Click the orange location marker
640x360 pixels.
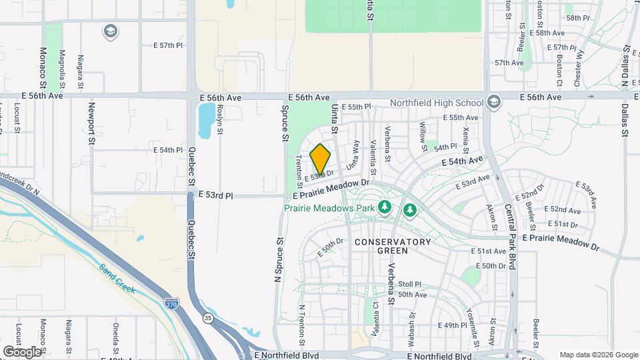tap(320, 159)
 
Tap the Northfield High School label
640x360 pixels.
tap(437, 103)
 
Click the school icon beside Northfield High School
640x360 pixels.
tap(493, 103)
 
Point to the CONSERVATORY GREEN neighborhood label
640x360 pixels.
tap(393, 245)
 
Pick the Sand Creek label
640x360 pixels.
tap(118, 279)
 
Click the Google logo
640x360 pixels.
tap(22, 351)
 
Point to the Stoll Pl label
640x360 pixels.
tap(409, 283)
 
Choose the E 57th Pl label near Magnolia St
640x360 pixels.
tap(167, 45)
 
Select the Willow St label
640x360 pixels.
tap(423, 134)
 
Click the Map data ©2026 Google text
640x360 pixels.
tap(598, 355)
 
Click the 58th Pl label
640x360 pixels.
tap(577, 17)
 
